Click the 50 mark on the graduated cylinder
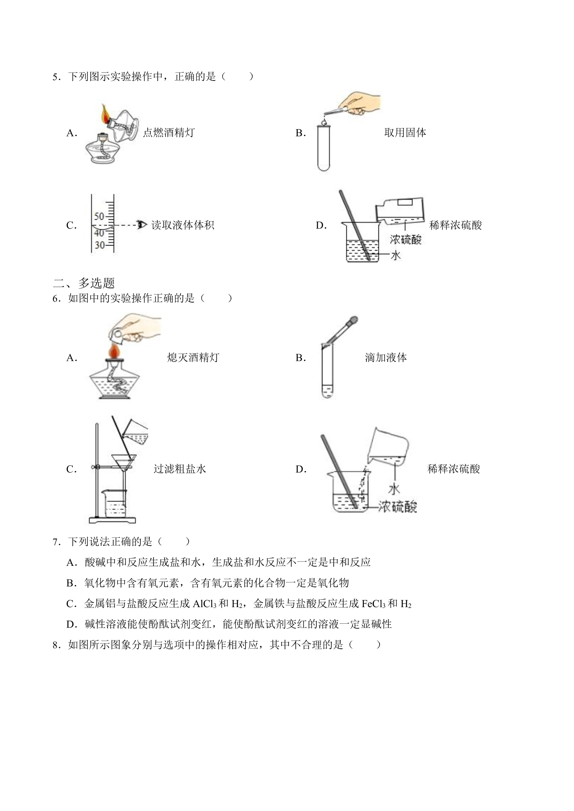click(x=99, y=216)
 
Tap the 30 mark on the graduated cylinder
click(x=100, y=245)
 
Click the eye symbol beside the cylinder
click(x=142, y=225)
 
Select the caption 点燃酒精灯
click(x=169, y=133)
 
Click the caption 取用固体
click(x=405, y=133)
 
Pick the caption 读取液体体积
click(x=182, y=225)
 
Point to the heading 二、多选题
click(x=84, y=283)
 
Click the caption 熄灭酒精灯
click(x=193, y=358)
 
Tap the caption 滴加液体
click(x=386, y=358)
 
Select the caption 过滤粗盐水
click(x=180, y=469)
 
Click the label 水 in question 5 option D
click(x=396, y=255)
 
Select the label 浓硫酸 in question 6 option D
click(x=397, y=506)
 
